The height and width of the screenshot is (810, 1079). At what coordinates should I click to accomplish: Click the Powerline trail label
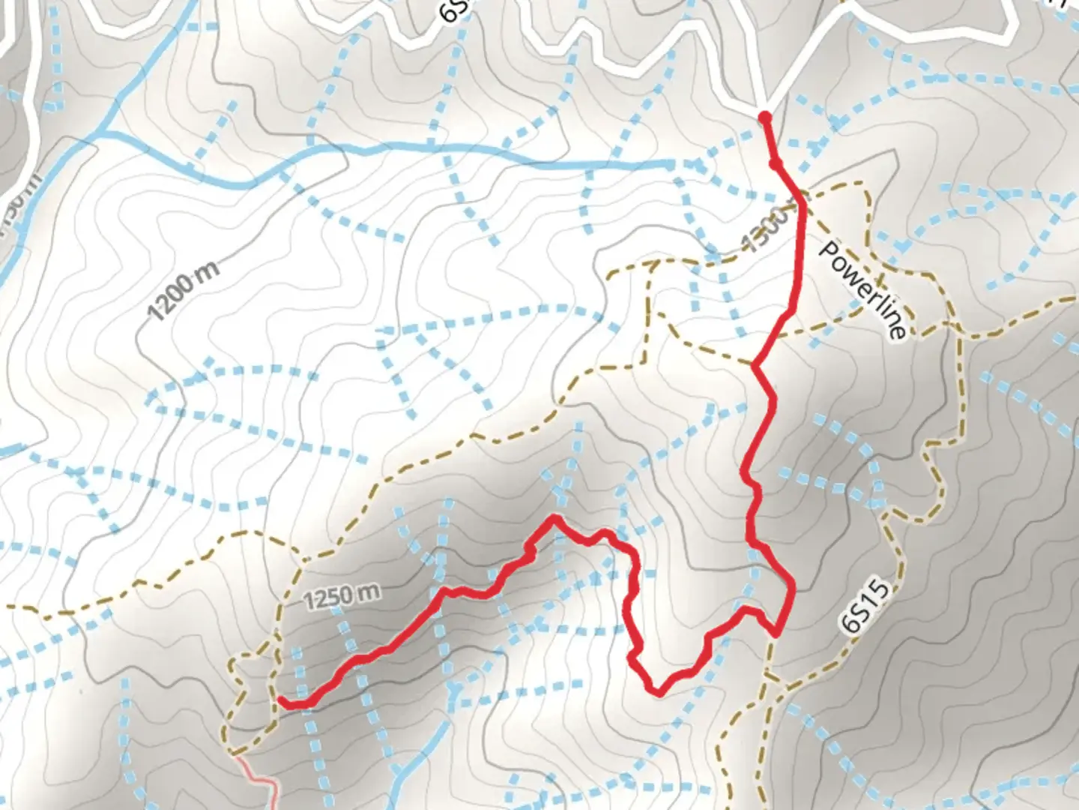coord(863,289)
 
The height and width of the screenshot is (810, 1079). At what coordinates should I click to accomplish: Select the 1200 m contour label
coord(184,292)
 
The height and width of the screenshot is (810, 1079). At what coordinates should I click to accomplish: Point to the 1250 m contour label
coord(342,596)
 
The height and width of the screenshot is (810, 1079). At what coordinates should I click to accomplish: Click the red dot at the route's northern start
coord(764,117)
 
